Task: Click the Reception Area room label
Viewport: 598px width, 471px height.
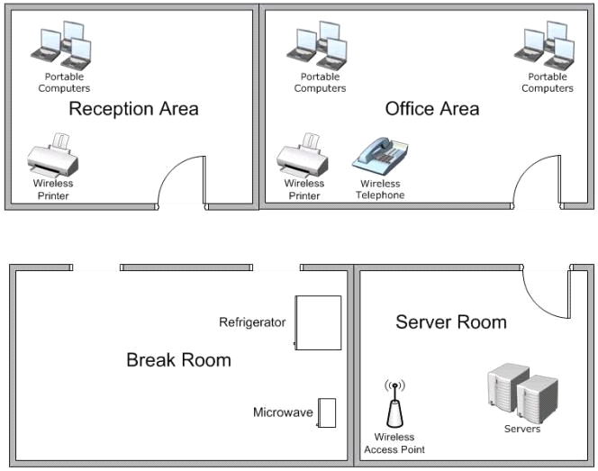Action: (x=133, y=109)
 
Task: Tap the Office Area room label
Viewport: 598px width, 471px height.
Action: (x=432, y=109)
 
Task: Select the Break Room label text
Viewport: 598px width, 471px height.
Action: (x=178, y=360)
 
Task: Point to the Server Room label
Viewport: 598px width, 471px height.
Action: (x=451, y=322)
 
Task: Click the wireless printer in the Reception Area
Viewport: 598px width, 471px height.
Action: (x=53, y=155)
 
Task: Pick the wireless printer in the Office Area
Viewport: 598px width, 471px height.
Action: (x=303, y=155)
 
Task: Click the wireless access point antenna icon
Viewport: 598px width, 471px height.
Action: (x=394, y=403)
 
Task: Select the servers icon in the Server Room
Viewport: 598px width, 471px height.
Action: (x=522, y=393)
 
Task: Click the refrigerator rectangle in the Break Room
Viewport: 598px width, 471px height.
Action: (x=318, y=322)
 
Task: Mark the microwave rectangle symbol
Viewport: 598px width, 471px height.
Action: (x=326, y=412)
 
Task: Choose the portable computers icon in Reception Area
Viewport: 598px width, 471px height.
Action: (x=61, y=46)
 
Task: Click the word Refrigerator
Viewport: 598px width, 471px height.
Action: (x=252, y=322)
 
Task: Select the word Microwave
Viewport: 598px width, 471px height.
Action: (x=283, y=412)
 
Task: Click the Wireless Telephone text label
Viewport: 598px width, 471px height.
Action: (x=380, y=189)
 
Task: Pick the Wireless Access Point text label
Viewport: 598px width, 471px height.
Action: (x=394, y=443)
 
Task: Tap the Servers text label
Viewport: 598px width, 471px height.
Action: (x=522, y=429)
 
